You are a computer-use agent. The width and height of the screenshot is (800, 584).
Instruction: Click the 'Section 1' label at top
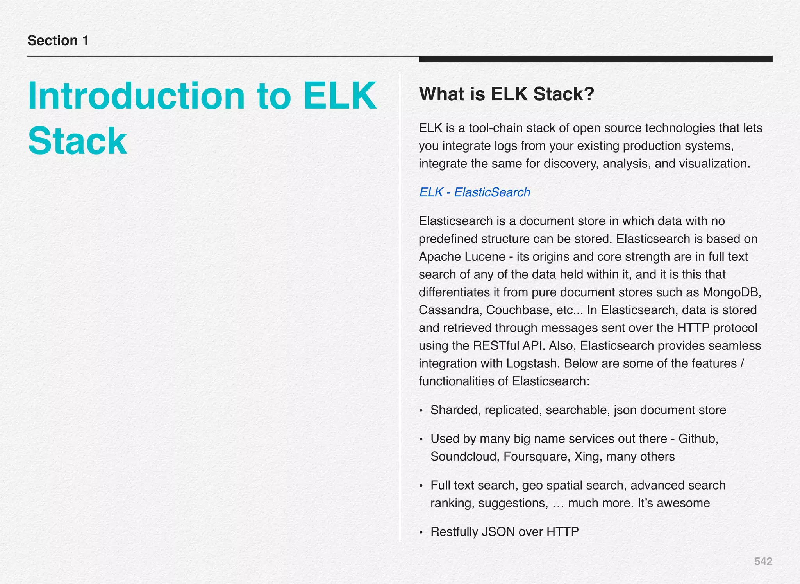58,41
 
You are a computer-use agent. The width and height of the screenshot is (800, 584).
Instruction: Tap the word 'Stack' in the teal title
77,141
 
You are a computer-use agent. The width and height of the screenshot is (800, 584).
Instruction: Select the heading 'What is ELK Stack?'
506,94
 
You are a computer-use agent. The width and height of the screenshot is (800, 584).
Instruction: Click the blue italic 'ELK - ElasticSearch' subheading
474,192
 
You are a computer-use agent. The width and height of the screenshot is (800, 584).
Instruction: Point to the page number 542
763,561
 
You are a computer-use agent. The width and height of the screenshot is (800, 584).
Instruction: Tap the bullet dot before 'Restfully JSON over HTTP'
421,532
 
